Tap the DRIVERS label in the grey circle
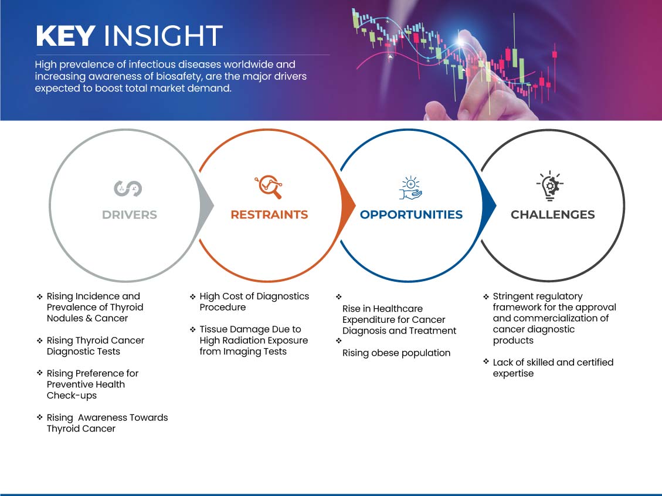click(x=130, y=215)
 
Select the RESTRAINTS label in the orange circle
click(x=269, y=215)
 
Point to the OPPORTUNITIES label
click(x=411, y=215)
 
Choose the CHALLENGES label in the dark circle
click(x=553, y=215)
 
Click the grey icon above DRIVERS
click(x=128, y=188)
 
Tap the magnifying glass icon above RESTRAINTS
click(x=269, y=187)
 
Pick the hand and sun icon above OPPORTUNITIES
click(x=410, y=188)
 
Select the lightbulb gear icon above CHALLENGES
click(x=549, y=185)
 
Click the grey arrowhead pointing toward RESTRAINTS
click(x=206, y=206)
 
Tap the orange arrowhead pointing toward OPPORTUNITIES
click(x=348, y=206)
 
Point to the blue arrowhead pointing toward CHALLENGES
click(x=489, y=206)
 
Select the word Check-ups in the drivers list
click(x=72, y=396)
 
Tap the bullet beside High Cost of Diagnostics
click(x=192, y=296)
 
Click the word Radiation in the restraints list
click(x=245, y=340)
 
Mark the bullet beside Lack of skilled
click(x=486, y=362)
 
